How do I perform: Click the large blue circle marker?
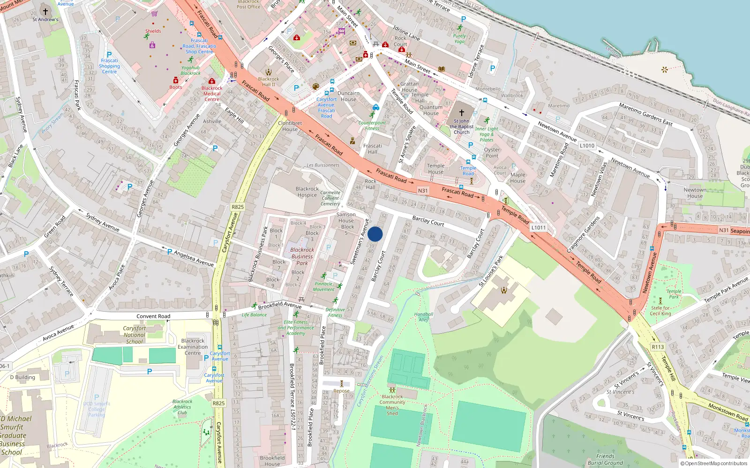tap(375, 234)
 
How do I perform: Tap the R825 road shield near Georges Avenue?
tap(238, 207)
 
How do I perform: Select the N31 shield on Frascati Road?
tap(423, 190)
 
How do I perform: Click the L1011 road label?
tap(538, 227)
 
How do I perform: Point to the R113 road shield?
tap(658, 347)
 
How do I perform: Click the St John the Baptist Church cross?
tap(461, 113)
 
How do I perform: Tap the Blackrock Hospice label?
tap(307, 192)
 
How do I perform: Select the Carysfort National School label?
tap(135, 335)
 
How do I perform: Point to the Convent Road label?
tap(153, 316)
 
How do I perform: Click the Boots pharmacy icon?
tap(175, 80)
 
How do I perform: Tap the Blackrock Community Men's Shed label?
tap(392, 405)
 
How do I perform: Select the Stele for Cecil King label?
tap(660, 311)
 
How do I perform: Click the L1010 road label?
tap(587, 146)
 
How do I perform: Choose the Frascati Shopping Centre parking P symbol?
tap(109, 54)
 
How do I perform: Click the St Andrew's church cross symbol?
tap(45, 12)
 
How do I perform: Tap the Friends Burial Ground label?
tap(605, 459)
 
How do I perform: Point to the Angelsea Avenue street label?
tap(194, 258)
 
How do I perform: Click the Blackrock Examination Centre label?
tap(193, 347)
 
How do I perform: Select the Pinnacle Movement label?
tap(323, 286)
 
